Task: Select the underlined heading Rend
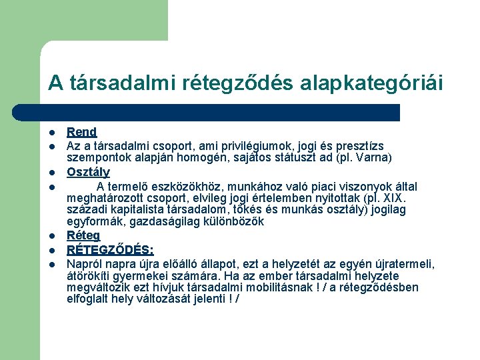(x=81, y=132)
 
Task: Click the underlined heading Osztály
(x=88, y=172)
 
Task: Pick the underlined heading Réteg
(x=83, y=235)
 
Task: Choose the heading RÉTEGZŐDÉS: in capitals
(x=110, y=250)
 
